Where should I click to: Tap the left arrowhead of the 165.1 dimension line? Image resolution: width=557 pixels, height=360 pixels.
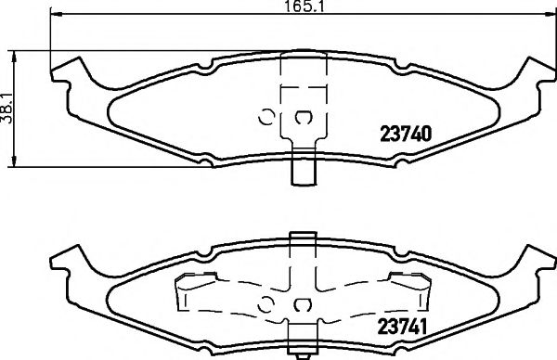[x=53, y=16]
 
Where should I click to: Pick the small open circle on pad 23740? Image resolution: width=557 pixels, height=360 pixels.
[x=265, y=117]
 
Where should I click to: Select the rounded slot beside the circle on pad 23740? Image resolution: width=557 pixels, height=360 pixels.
[x=303, y=117]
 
